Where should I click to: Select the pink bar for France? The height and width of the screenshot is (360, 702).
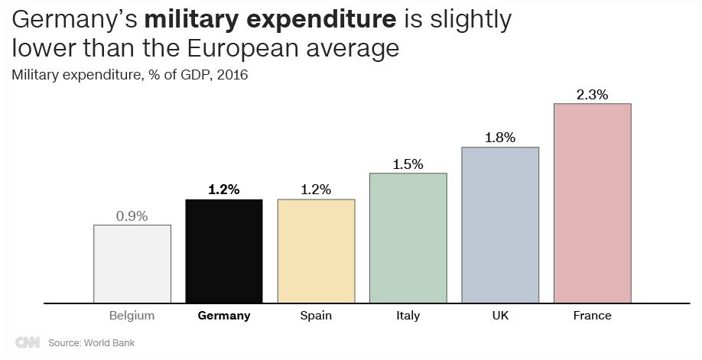[592, 203]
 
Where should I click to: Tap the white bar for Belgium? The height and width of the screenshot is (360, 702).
[132, 264]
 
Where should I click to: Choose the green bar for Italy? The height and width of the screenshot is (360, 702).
[408, 238]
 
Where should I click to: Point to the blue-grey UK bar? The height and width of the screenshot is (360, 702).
[500, 225]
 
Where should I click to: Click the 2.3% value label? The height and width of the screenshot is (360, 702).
[592, 95]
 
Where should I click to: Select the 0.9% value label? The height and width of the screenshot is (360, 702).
[132, 216]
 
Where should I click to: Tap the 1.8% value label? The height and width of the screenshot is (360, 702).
[500, 138]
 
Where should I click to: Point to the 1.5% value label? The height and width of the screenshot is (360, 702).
[408, 164]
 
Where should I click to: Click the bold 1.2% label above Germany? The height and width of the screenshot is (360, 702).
[224, 190]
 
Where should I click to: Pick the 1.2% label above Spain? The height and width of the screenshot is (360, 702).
[316, 190]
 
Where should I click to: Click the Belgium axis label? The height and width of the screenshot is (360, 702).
[132, 315]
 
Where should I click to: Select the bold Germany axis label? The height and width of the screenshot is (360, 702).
[224, 315]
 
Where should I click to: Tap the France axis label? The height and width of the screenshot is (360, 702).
[592, 315]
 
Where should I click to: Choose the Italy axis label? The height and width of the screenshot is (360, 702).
[408, 315]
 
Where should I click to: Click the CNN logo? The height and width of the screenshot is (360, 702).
[28, 342]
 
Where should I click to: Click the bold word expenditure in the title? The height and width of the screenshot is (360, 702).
[308, 21]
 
